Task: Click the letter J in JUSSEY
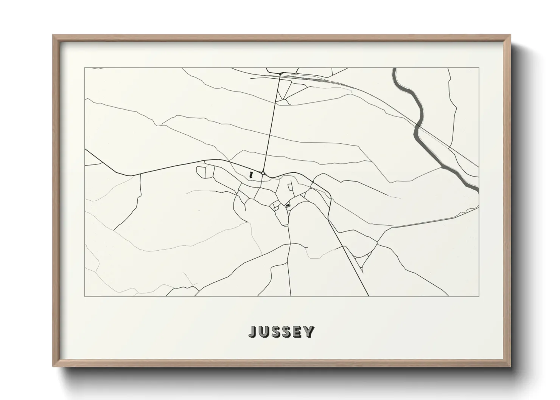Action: [x=252, y=332]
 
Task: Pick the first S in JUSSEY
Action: [x=275, y=332]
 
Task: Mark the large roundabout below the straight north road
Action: [x=263, y=173]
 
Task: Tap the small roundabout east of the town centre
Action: [x=313, y=183]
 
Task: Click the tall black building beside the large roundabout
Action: [x=250, y=175]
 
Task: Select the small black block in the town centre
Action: [x=288, y=205]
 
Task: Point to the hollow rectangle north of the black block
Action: [x=290, y=187]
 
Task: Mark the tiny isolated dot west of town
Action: [x=199, y=210]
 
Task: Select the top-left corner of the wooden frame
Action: [x=53, y=35]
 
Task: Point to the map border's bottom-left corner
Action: [x=84, y=296]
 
